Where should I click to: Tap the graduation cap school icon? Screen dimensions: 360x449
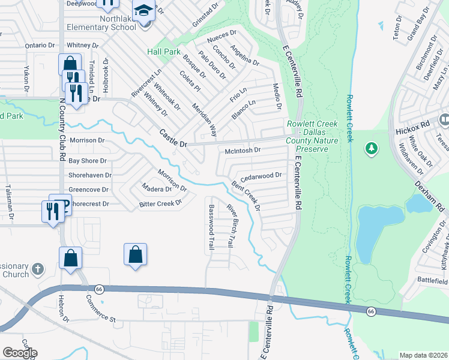[x=143, y=11]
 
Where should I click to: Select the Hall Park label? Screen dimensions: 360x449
[x=164, y=52]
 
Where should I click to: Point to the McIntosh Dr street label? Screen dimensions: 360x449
[x=243, y=150]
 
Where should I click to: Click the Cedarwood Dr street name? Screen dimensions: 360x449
[x=261, y=176]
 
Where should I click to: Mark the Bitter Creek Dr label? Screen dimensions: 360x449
[x=160, y=203]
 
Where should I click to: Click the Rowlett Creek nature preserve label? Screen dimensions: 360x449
[x=312, y=132]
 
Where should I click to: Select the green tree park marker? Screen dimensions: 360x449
[x=372, y=148]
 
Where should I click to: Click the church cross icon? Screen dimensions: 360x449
[x=38, y=269]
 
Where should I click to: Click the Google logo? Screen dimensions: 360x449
[x=20, y=352]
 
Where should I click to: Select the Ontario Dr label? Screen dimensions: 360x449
[x=40, y=45]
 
